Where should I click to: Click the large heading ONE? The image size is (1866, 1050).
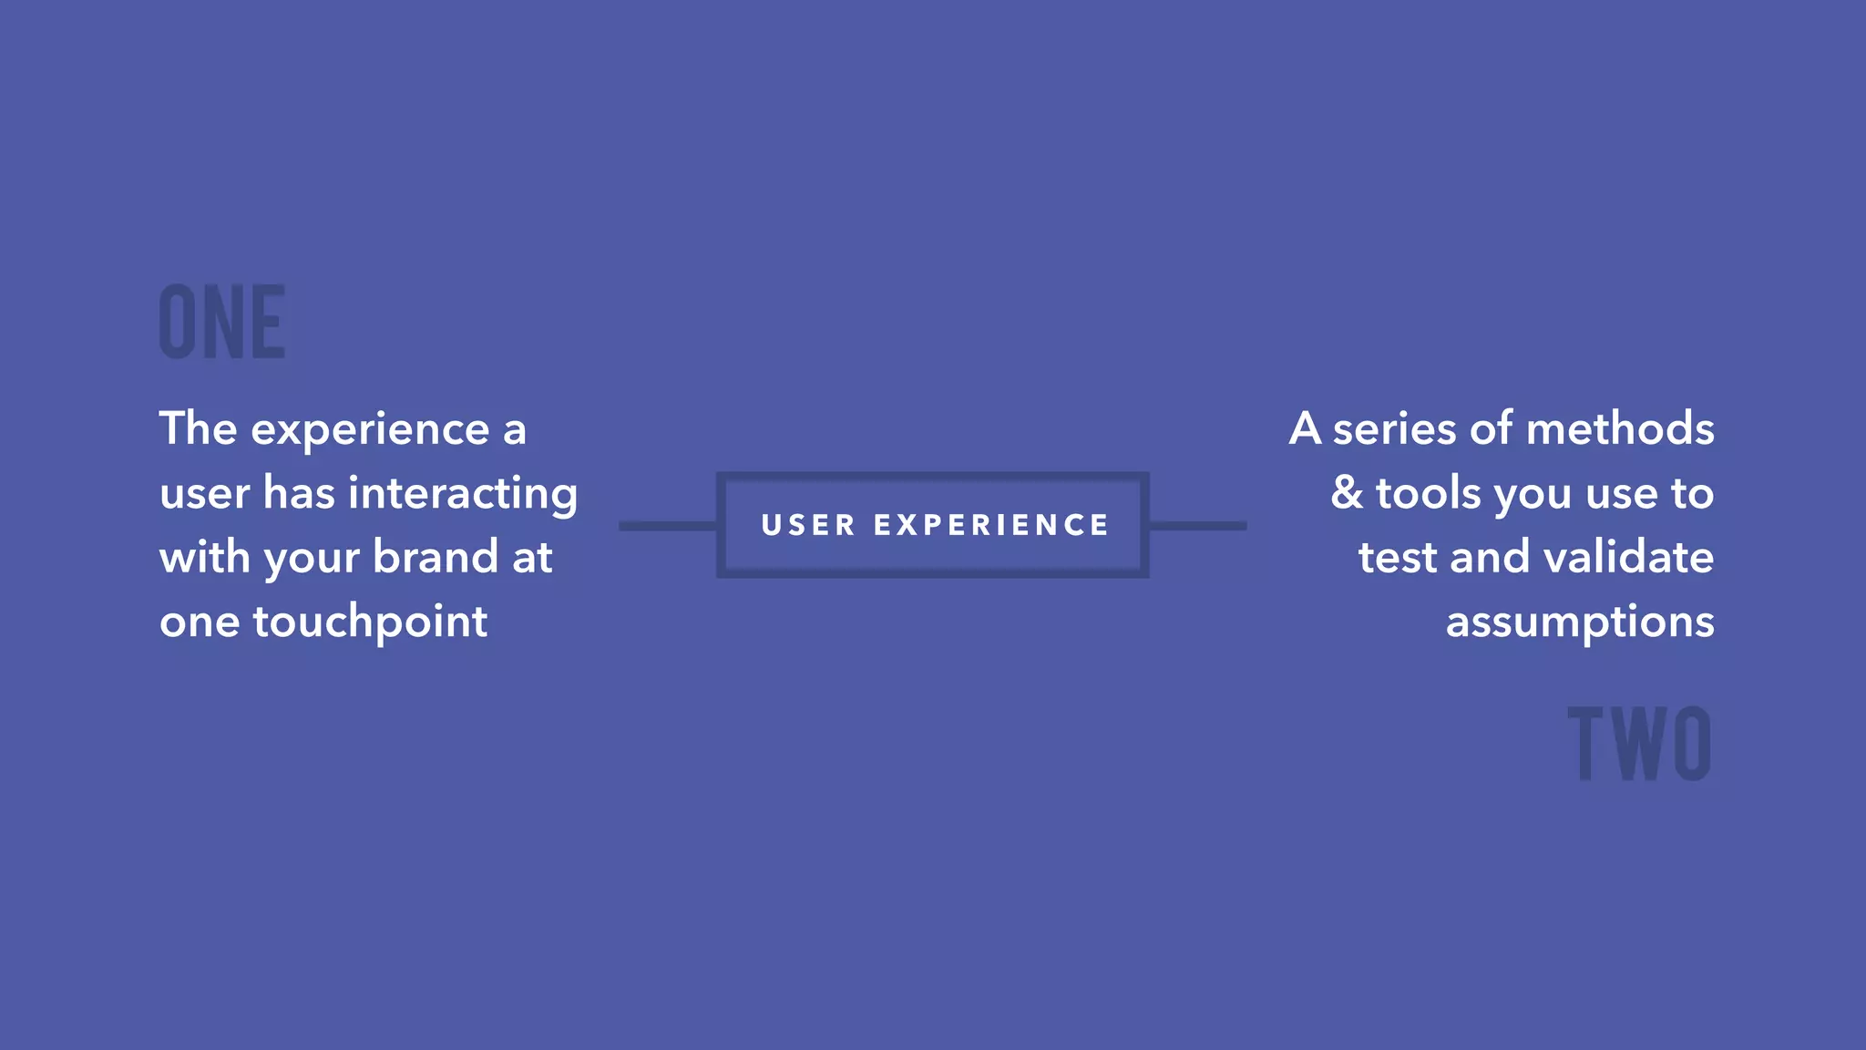222,321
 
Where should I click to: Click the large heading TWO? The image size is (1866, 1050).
1639,743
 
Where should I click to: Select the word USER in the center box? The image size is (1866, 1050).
808,525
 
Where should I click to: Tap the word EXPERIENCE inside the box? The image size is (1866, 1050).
991,525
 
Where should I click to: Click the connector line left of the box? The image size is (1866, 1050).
668,526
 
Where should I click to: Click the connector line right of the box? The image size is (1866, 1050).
1198,526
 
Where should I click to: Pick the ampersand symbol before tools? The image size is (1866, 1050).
1347,493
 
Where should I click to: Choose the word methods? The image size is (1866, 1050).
1620,428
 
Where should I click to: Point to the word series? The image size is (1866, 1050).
1394,430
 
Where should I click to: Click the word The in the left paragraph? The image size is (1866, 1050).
198,428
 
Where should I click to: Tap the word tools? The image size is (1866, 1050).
1428,493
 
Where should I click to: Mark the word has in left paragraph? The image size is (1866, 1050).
299,493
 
